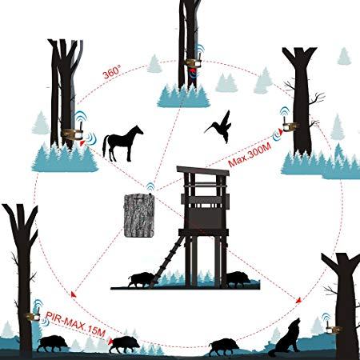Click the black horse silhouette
pos(122,144)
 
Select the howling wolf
pos(286,338)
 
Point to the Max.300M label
pos(250,154)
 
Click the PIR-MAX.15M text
pos(76,325)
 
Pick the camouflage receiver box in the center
pos(139,216)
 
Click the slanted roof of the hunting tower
pos(203,170)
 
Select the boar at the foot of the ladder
pos(140,280)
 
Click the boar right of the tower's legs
pos(238,279)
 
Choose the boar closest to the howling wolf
pos(224,346)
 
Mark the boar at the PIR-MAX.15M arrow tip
pos(124,344)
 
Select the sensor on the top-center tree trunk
pos(194,63)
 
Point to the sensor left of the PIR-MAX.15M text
pos(33,317)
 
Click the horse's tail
pos(106,146)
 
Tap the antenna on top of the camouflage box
pos(150,193)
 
